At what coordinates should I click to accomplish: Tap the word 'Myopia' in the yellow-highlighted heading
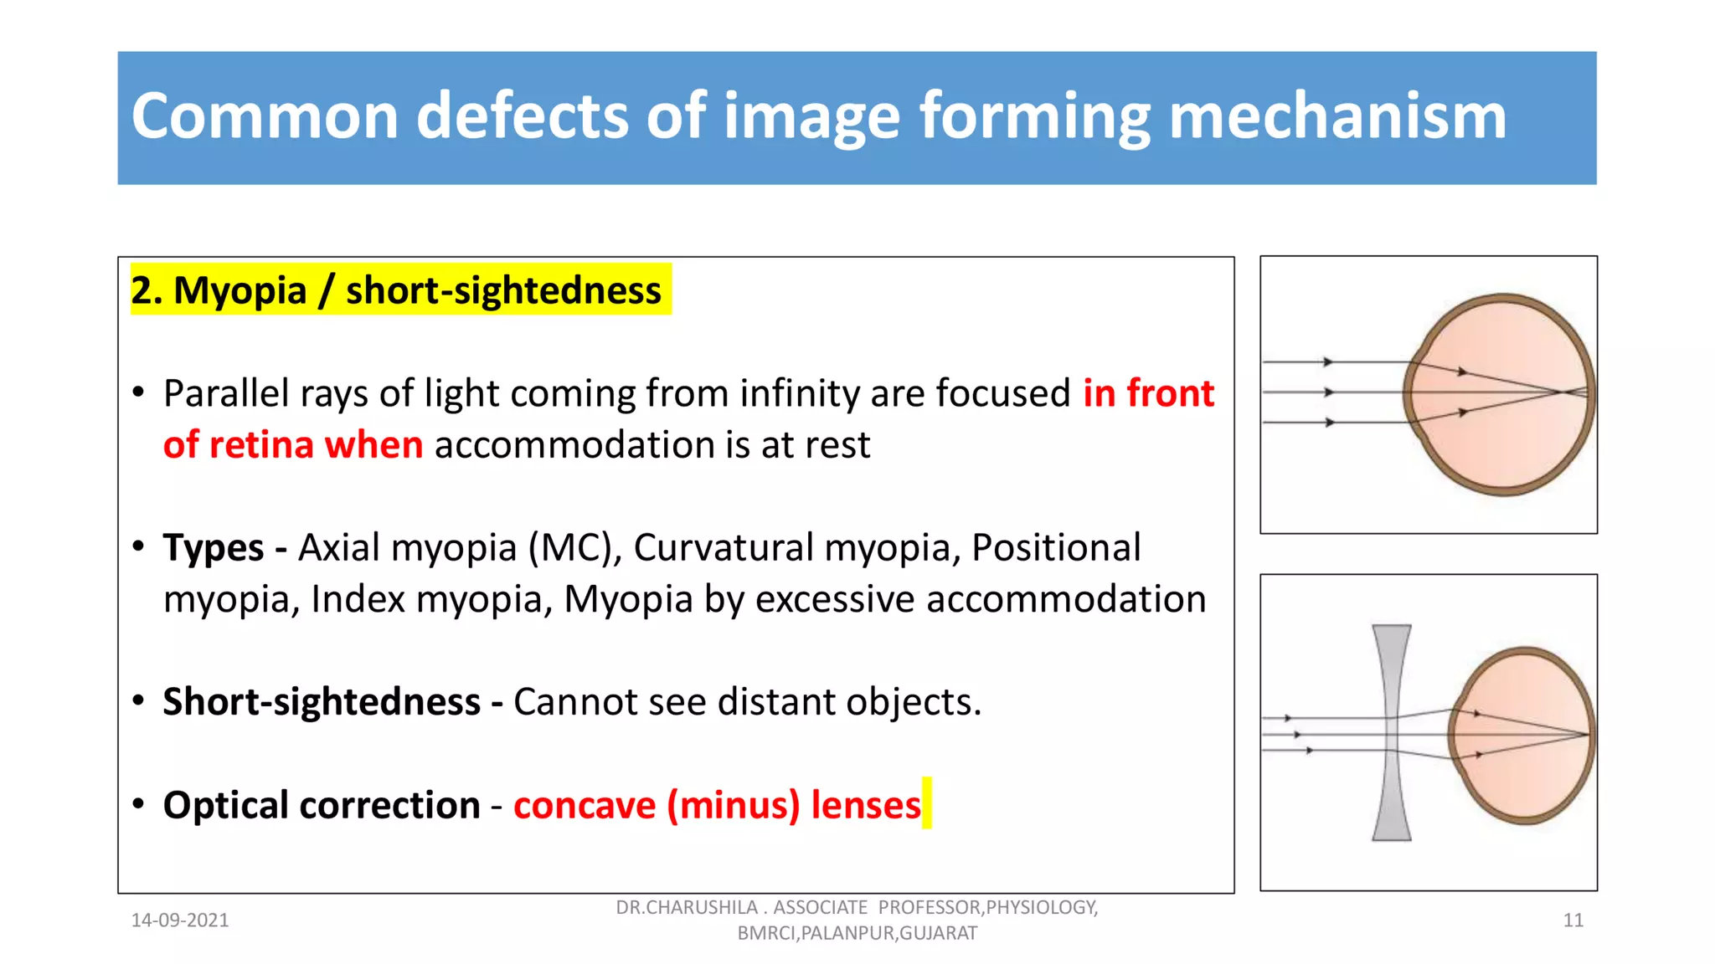pyautogui.click(x=239, y=291)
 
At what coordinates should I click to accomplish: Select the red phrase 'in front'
pyautogui.click(x=1147, y=393)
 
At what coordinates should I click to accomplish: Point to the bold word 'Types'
pyautogui.click(x=214, y=548)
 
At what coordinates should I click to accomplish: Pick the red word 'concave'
pyautogui.click(x=585, y=805)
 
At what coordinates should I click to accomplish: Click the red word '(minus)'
pyautogui.click(x=734, y=805)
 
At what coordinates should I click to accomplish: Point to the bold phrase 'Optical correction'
pyautogui.click(x=322, y=805)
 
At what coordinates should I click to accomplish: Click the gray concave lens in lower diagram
pyautogui.click(x=1391, y=732)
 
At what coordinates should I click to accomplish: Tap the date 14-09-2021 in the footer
pyautogui.click(x=180, y=920)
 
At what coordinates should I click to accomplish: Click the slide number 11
pyautogui.click(x=1573, y=920)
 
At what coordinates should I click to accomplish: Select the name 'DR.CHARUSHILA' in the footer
pyautogui.click(x=687, y=908)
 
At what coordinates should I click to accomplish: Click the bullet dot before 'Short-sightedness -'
pyautogui.click(x=139, y=700)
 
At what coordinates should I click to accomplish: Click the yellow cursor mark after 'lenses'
pyautogui.click(x=926, y=803)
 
